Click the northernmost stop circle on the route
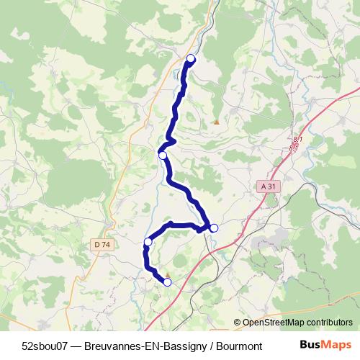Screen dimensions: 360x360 coord(191,58)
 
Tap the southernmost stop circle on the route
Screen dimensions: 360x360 coord(167,282)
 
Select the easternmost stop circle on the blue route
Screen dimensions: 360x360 coord(214,228)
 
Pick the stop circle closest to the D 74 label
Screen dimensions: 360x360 coord(148,241)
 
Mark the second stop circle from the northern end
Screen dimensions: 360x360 coord(163,156)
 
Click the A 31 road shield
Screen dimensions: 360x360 coord(268,186)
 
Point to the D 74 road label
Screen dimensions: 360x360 coord(102,245)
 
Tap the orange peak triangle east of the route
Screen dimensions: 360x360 coord(216,122)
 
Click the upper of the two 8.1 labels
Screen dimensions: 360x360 coord(298,138)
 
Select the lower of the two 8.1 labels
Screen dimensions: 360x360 coord(294,148)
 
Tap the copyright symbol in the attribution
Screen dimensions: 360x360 coord(237,323)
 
